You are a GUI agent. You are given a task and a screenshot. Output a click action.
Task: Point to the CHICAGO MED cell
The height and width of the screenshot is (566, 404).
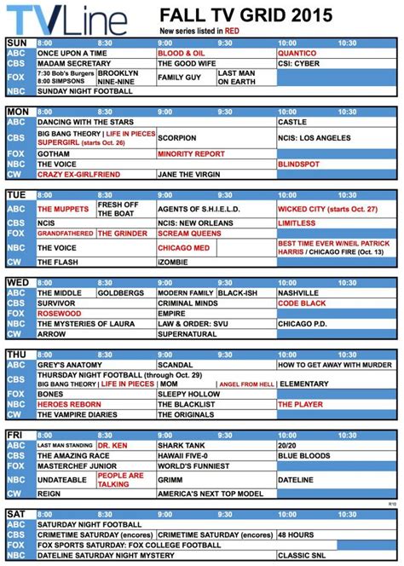point(179,247)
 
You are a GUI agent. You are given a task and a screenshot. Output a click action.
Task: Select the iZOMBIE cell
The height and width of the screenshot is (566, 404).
point(170,262)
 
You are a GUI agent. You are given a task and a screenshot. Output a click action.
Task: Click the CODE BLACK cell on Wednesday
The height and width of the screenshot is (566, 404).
point(299,303)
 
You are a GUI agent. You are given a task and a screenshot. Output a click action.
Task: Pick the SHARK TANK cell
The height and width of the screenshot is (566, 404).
point(180,445)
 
